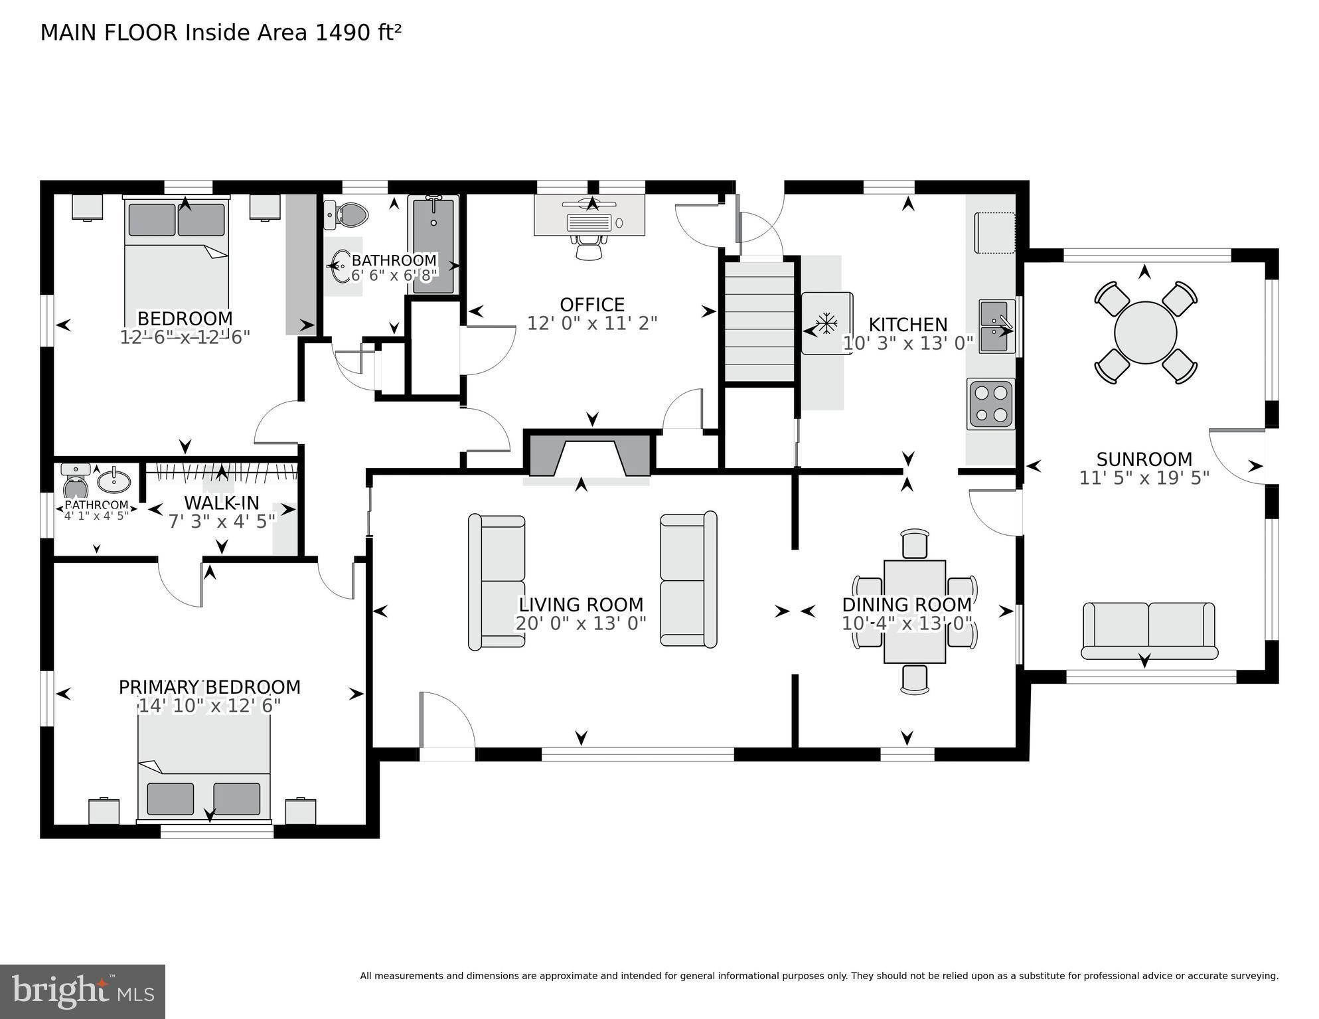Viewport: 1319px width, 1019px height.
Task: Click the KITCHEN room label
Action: [907, 325]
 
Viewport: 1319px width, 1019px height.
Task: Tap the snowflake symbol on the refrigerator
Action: [825, 325]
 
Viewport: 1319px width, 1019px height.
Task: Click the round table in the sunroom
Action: [1145, 333]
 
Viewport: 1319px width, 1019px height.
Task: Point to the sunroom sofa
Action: [1148, 630]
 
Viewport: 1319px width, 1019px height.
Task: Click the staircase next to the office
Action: [759, 321]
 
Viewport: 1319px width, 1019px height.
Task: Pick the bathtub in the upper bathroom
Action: [433, 244]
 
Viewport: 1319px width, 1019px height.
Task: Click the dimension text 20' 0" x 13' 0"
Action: [580, 624]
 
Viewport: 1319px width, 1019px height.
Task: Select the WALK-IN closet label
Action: [221, 503]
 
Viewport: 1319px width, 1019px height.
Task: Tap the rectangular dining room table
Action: [914, 611]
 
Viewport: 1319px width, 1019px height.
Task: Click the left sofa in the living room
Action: [497, 582]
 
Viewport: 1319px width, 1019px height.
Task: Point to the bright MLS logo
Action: [82, 991]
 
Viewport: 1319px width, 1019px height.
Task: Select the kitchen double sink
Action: [996, 325]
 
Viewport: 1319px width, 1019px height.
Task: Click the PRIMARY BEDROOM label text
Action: [209, 687]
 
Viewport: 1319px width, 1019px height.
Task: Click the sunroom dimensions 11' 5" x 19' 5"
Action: [1144, 478]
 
